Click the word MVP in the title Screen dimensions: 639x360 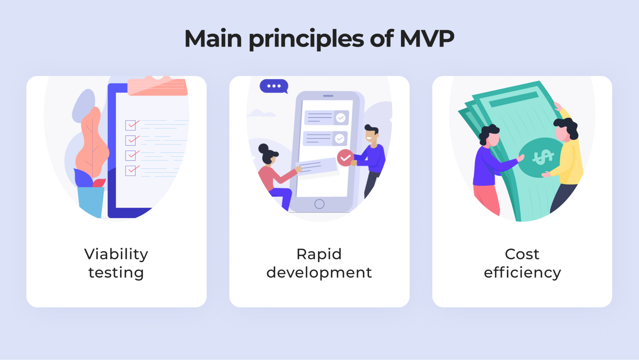427,39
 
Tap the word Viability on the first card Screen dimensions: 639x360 116,254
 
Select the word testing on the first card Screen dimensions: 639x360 116,273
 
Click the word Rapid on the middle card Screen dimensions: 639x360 319,254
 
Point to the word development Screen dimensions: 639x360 319,273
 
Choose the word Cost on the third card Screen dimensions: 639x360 522,254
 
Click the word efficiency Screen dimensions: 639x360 522,273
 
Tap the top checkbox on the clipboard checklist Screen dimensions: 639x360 130,125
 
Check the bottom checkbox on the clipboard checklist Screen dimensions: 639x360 130,170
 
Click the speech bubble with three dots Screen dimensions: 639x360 274,86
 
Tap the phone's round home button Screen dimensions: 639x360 319,204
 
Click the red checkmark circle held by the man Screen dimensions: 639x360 345,158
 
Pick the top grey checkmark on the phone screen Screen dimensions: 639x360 341,118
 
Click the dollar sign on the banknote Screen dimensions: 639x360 543,157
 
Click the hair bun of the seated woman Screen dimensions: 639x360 263,148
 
